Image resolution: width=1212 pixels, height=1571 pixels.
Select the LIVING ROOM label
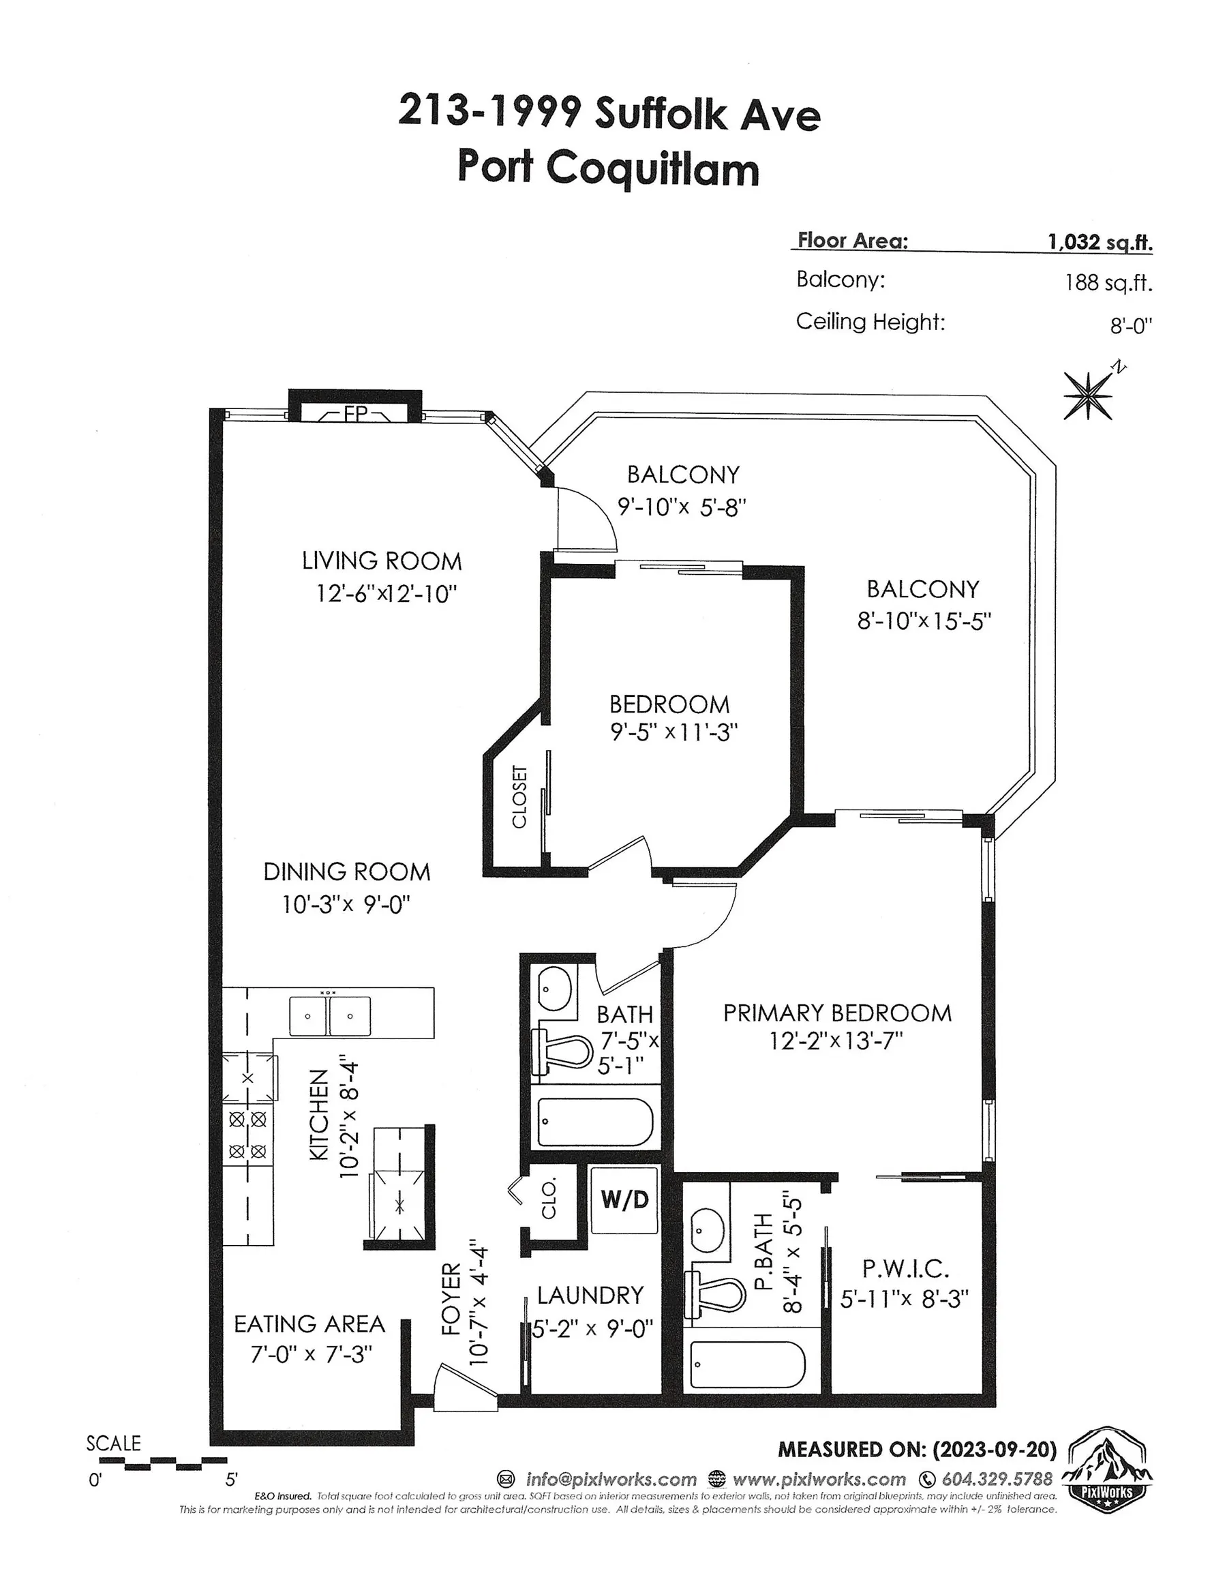click(381, 561)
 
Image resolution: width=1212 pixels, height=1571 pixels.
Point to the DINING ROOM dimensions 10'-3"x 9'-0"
click(346, 904)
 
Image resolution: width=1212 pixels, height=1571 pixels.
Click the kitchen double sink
click(329, 1016)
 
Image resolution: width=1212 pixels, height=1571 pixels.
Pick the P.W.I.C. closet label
click(905, 1268)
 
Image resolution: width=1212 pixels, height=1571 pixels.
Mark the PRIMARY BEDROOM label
click(837, 1013)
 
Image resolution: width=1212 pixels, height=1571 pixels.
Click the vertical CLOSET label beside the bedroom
click(519, 796)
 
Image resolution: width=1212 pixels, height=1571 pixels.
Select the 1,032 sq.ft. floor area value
click(1100, 241)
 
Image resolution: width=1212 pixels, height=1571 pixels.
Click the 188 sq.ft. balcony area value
click(1108, 282)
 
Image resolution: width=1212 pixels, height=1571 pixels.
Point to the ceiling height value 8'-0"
click(1131, 326)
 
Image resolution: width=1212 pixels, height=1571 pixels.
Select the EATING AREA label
click(309, 1323)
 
